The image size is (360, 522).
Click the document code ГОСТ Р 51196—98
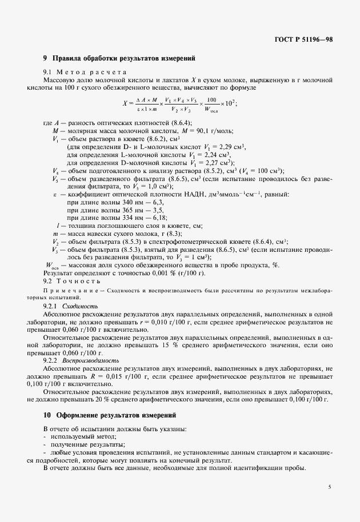click(x=303, y=39)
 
